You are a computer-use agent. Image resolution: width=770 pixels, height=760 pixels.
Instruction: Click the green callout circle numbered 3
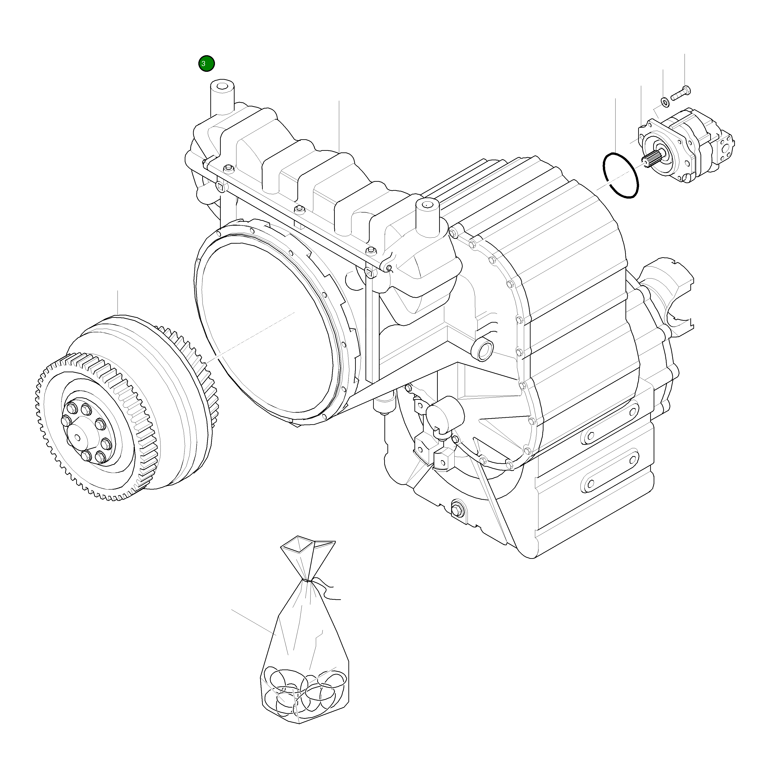coord(206,63)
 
